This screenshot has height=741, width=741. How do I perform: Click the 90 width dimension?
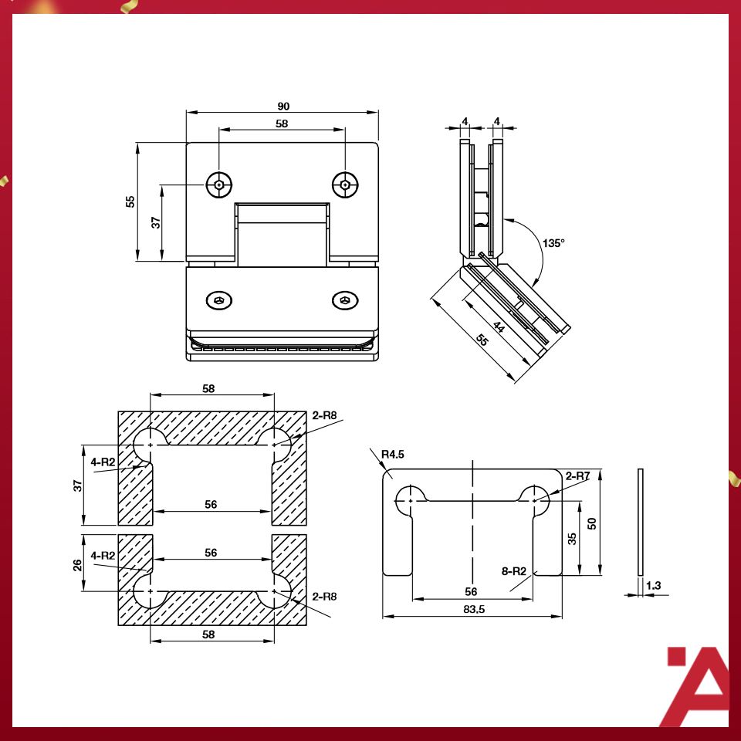click(x=283, y=106)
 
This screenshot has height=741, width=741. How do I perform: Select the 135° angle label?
click(x=553, y=242)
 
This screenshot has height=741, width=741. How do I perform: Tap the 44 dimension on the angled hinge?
click(x=499, y=328)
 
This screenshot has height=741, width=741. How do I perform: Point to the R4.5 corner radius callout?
click(x=392, y=454)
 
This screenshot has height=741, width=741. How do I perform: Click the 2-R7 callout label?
click(x=577, y=476)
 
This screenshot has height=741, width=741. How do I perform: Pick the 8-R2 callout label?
click(x=513, y=572)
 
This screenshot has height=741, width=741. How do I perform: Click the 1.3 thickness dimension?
click(x=653, y=586)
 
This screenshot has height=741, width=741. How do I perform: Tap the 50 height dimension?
click(x=592, y=523)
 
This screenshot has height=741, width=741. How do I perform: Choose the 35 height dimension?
click(x=572, y=537)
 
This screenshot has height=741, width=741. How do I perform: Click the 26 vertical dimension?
click(x=77, y=565)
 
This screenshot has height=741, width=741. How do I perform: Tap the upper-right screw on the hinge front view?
click(x=345, y=184)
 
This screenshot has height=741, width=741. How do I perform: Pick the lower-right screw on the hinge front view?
click(x=345, y=300)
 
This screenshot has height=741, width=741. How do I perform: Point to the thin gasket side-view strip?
click(x=641, y=522)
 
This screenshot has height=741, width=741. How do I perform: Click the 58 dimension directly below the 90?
click(x=283, y=123)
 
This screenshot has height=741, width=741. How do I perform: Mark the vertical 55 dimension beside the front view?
click(x=131, y=201)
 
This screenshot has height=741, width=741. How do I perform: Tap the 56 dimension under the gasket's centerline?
click(x=472, y=591)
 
